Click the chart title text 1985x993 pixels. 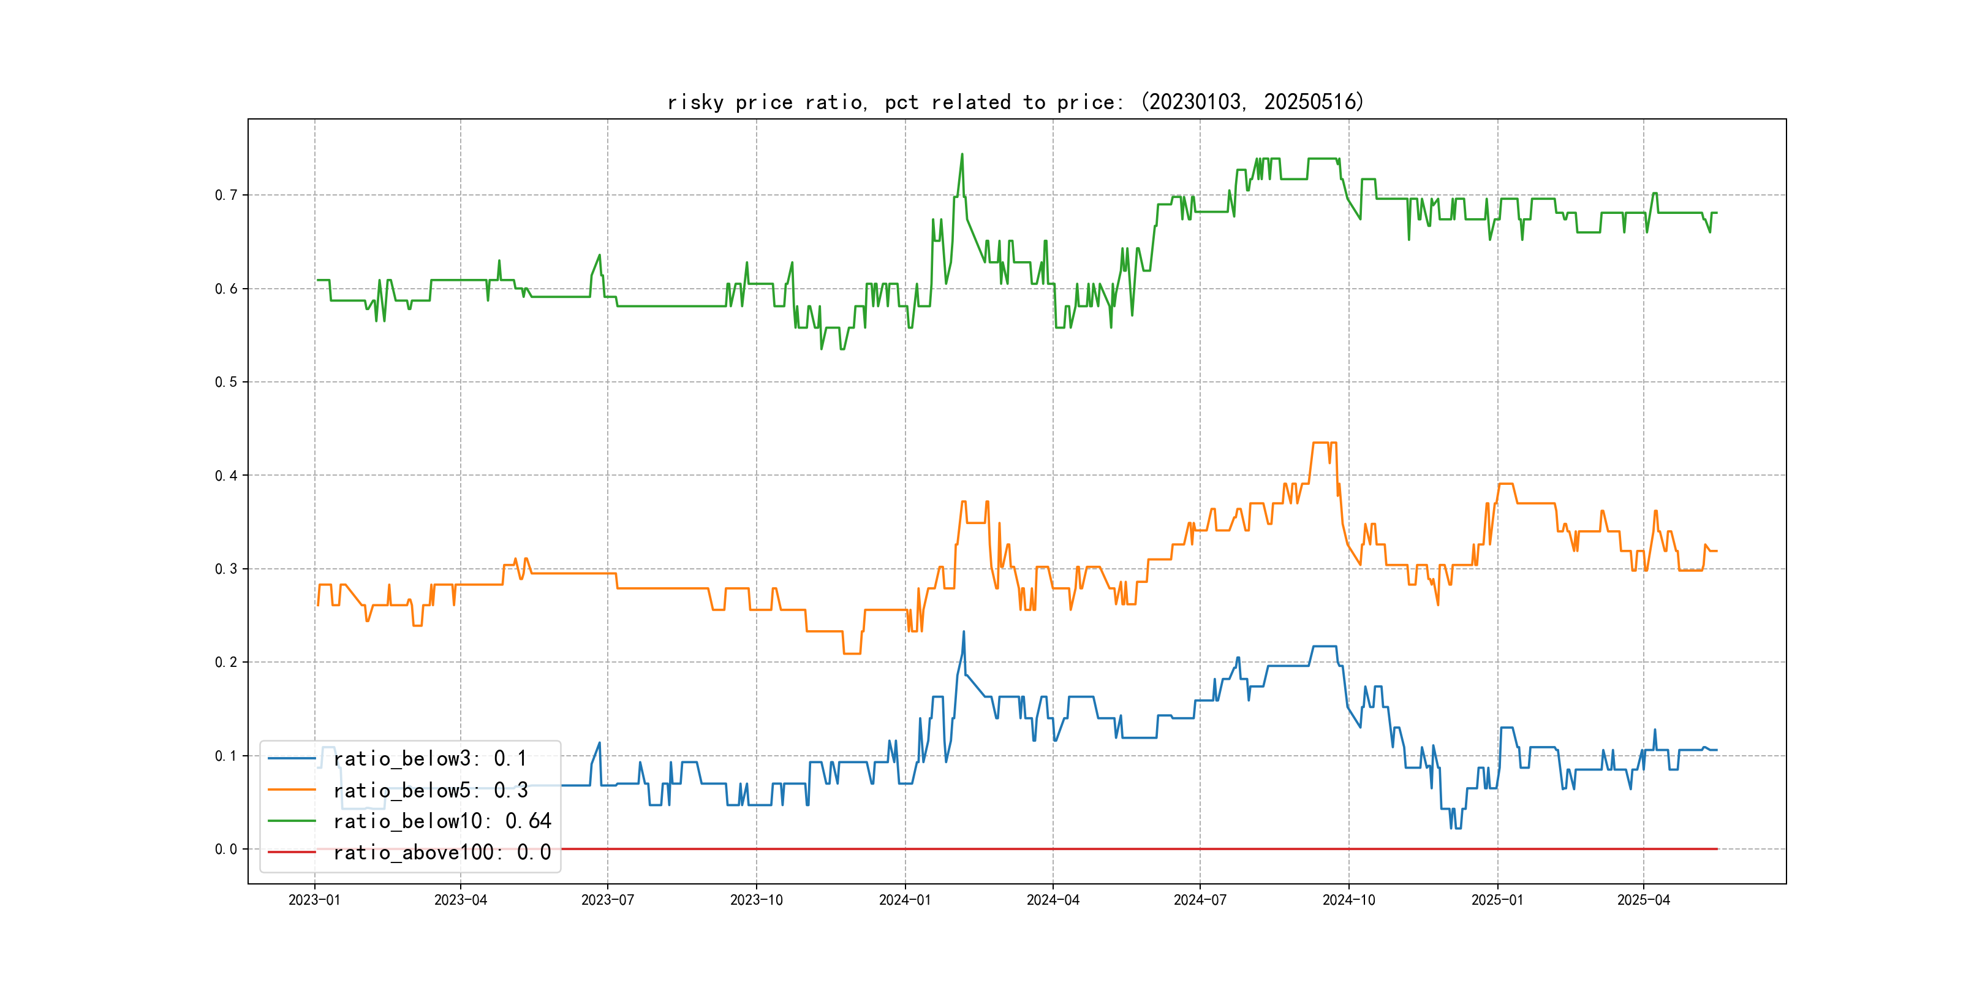pyautogui.click(x=1015, y=102)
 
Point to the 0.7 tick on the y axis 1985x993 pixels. pyautogui.click(x=226, y=195)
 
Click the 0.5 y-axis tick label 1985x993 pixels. pyautogui.click(x=226, y=382)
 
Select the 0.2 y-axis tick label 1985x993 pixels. pyautogui.click(x=226, y=662)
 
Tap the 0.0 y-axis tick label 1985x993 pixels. pyautogui.click(x=226, y=850)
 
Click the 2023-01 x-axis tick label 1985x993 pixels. pyautogui.click(x=314, y=900)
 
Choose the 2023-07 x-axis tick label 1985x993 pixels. pyautogui.click(x=607, y=900)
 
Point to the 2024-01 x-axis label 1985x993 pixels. pyautogui.click(x=905, y=900)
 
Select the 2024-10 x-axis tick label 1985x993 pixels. pyautogui.click(x=1348, y=900)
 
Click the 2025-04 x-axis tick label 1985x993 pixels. pyautogui.click(x=1644, y=900)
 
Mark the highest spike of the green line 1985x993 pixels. pyautogui.click(x=962, y=154)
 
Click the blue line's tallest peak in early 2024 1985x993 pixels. pyautogui.click(x=963, y=632)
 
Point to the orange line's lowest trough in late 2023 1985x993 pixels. pyautogui.click(x=852, y=653)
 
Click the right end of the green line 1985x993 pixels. pyautogui.click(x=1717, y=213)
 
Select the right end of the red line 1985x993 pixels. pyautogui.click(x=1717, y=849)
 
